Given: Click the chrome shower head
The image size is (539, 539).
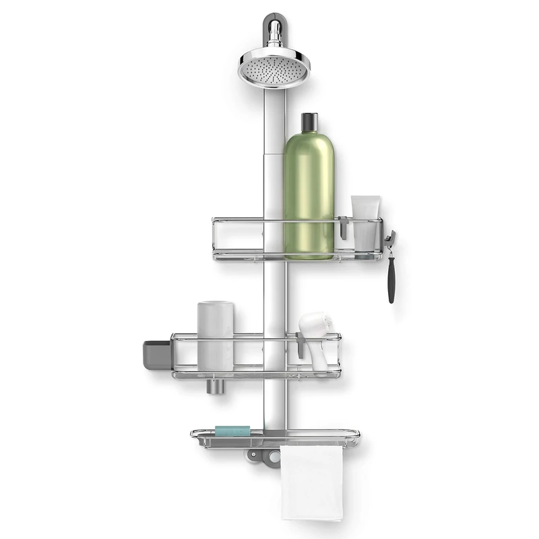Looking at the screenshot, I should (274, 67).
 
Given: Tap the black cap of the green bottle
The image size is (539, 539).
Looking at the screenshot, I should (309, 123).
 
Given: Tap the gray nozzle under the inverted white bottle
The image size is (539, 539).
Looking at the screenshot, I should (214, 386).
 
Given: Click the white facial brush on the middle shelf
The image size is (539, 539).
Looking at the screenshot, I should (314, 337).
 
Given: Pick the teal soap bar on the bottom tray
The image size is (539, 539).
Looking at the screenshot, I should (232, 431).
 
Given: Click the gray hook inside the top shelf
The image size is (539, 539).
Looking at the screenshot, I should (343, 227).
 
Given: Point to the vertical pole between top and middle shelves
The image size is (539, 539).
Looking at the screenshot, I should (274, 296).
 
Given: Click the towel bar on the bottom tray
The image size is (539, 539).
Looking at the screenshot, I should (317, 443).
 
